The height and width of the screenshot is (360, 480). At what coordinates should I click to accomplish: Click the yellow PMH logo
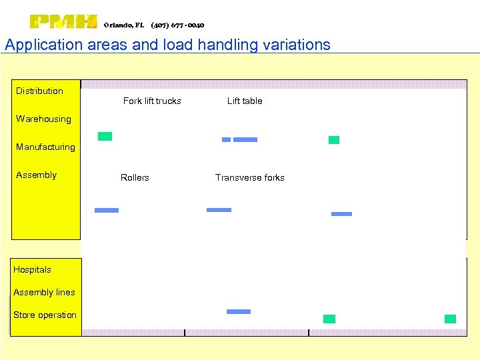[63, 22]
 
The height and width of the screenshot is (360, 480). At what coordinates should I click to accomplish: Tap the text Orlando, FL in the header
[124, 25]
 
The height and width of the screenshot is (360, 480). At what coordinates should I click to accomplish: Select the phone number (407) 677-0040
[177, 25]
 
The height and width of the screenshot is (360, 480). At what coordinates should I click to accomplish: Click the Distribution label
[39, 91]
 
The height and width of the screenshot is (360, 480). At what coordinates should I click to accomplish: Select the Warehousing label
[43, 119]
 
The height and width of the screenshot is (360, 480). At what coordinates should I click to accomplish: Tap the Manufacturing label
[45, 147]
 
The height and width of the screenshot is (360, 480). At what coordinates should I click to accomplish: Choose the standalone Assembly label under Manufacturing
[36, 175]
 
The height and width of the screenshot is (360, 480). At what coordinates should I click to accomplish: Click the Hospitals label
[32, 269]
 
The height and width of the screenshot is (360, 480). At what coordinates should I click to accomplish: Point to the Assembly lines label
[44, 292]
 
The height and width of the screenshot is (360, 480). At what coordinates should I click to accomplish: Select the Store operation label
[45, 315]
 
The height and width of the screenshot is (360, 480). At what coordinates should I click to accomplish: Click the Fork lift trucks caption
[152, 101]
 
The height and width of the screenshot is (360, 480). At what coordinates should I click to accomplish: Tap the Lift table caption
[245, 101]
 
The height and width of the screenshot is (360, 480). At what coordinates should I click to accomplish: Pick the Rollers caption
[135, 177]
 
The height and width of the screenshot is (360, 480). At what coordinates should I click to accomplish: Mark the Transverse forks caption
[249, 177]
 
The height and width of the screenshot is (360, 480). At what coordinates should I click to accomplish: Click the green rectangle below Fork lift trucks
[105, 136]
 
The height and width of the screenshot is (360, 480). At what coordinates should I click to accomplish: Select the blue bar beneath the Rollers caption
[107, 210]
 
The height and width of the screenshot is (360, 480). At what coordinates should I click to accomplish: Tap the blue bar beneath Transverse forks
[219, 210]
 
